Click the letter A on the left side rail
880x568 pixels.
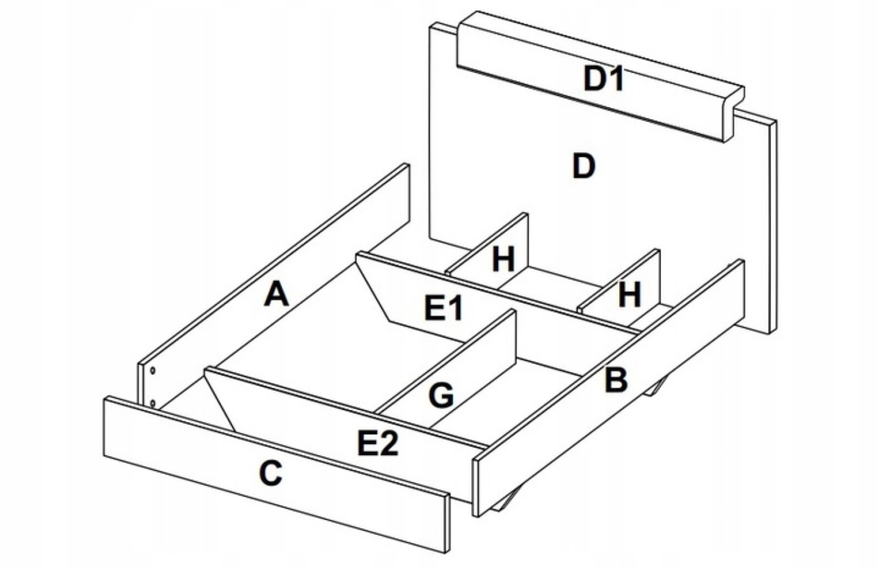(x=276, y=294)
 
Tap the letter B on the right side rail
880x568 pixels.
(x=615, y=380)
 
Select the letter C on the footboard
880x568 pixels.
(x=271, y=473)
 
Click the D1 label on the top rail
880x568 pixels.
(x=604, y=79)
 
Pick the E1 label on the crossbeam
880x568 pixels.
(x=444, y=308)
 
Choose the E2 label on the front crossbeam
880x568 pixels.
(x=378, y=443)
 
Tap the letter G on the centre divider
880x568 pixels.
(x=442, y=395)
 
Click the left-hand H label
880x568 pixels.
(x=503, y=260)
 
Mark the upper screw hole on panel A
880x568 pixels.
(x=153, y=371)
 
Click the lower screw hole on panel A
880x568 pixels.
(x=152, y=404)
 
